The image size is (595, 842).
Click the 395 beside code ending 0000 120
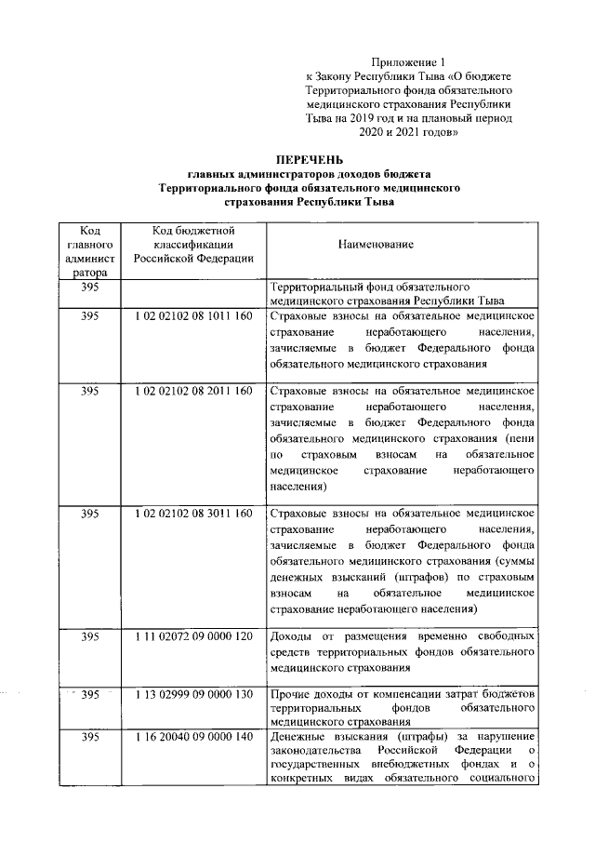coord(90,636)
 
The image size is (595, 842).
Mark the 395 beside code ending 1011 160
coord(90,317)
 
